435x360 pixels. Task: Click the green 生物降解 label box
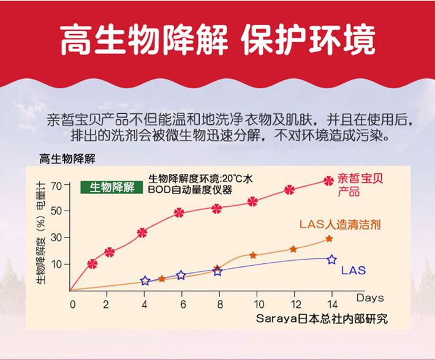coord(112,187)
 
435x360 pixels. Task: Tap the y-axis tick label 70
coord(57,186)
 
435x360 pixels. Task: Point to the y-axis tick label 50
coord(57,212)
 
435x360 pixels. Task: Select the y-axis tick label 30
coord(57,238)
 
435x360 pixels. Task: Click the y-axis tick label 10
coord(57,264)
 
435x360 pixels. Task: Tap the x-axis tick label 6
coord(181,304)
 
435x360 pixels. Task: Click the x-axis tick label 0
coord(72,304)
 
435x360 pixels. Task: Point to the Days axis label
coord(370,298)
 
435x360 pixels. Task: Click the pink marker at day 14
coord(329,180)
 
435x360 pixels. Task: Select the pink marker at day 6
coord(179,212)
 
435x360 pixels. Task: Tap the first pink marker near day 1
coord(93,264)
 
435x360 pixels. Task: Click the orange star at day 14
coord(329,238)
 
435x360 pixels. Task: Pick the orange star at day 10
coord(253,255)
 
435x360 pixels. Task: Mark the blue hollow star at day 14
coord(331,260)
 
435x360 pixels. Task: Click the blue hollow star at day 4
coord(145,280)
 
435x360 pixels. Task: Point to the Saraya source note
coord(322,319)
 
